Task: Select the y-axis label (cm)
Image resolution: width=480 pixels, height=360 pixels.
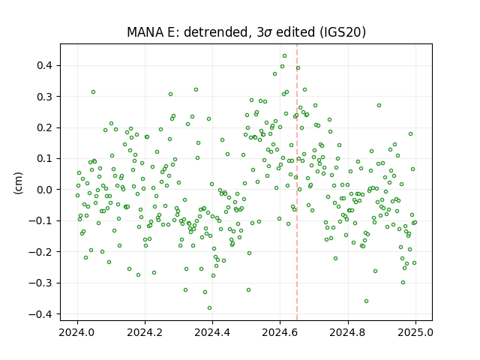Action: click(18, 183)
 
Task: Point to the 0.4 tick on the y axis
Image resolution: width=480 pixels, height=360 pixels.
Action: click(44, 65)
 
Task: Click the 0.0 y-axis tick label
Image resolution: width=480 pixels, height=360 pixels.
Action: click(44, 190)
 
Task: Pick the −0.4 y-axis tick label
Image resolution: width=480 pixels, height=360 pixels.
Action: click(40, 314)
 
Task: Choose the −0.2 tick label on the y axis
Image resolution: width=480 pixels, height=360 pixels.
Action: click(40, 252)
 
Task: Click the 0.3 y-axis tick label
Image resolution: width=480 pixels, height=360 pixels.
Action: click(44, 97)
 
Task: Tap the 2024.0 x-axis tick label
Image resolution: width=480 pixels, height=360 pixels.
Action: click(77, 332)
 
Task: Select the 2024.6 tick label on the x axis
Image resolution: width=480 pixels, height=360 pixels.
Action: click(280, 332)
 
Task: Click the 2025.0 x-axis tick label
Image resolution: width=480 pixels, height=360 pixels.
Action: click(415, 332)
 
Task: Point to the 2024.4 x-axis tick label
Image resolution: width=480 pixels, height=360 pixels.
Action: click(212, 332)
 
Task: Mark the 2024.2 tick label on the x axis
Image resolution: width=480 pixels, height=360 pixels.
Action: click(145, 332)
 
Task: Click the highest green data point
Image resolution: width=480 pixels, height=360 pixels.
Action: click(284, 56)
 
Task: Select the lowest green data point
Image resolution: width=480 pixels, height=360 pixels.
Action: click(209, 308)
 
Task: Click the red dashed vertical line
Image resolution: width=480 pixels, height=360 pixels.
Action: click(297, 182)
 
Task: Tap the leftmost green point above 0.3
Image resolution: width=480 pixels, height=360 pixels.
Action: click(93, 92)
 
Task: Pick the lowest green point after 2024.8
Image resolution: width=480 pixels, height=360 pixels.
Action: click(366, 301)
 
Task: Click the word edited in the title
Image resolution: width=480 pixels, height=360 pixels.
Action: click(295, 32)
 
